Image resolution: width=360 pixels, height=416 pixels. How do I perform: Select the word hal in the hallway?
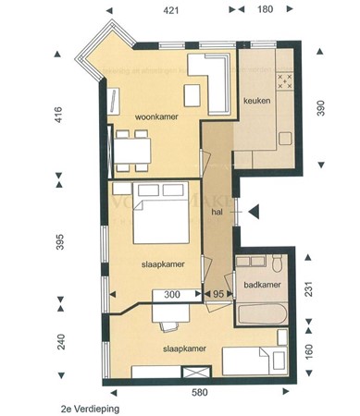pyautogui.click(x=217, y=212)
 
